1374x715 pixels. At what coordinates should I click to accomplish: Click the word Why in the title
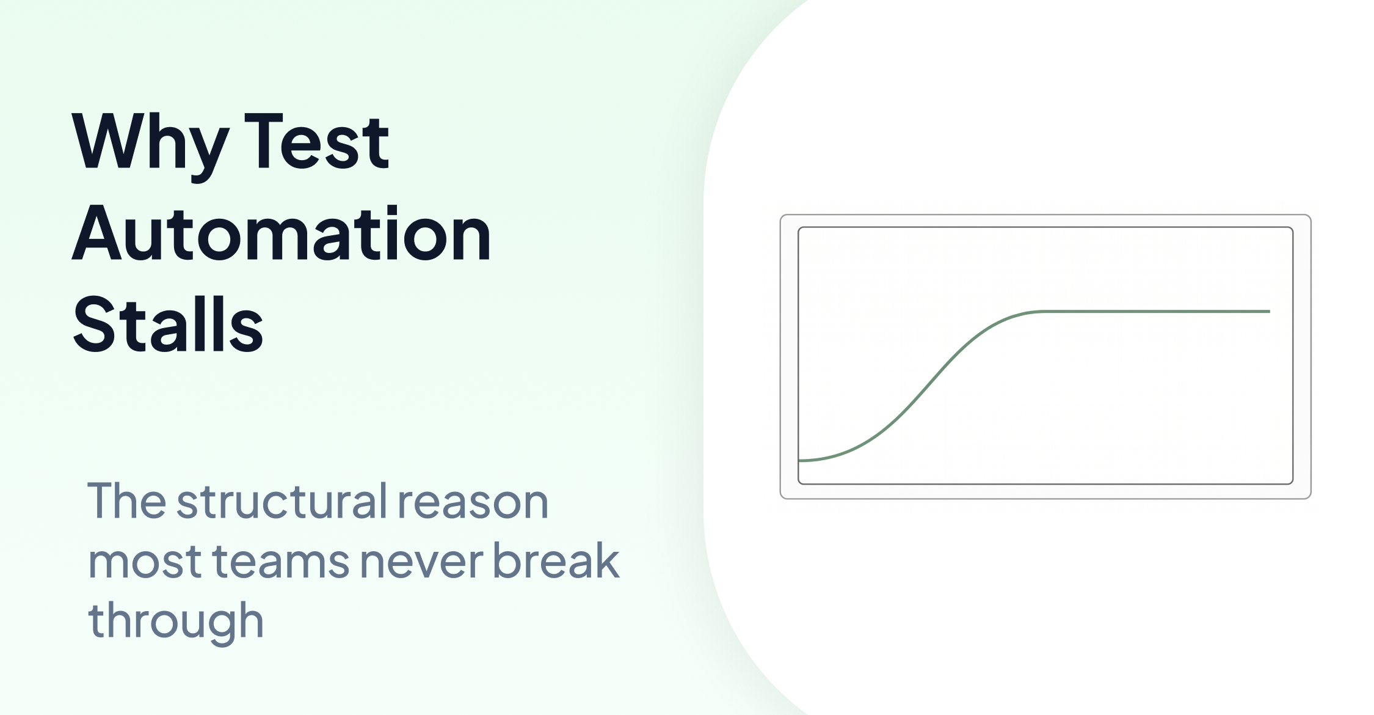point(150,144)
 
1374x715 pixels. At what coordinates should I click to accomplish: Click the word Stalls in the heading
point(168,324)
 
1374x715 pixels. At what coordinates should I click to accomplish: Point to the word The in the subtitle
point(126,502)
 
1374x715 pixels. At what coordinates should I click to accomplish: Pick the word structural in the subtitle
point(282,502)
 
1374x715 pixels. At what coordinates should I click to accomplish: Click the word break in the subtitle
point(556,560)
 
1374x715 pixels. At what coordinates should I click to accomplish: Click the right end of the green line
point(1269,312)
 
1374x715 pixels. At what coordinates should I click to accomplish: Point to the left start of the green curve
point(801,460)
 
